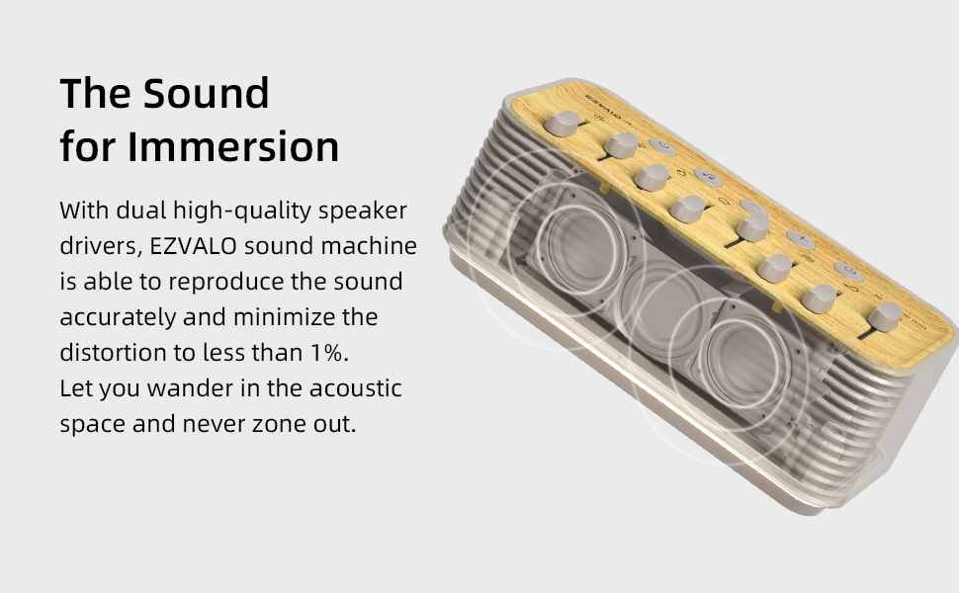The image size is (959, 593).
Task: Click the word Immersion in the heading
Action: (x=233, y=146)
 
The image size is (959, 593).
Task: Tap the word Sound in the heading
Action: (x=206, y=93)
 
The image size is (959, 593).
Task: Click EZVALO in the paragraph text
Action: (x=197, y=246)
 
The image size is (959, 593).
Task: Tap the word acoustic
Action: (x=356, y=388)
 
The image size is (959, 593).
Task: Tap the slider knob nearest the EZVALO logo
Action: (x=567, y=124)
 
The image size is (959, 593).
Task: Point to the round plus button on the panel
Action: (x=801, y=241)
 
